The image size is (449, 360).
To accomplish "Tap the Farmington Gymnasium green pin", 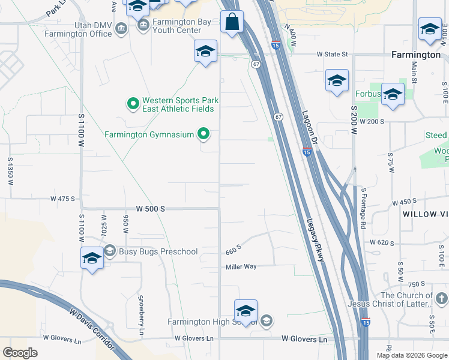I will tap(204, 134).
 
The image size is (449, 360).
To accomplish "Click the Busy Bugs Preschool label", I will tap(158, 251).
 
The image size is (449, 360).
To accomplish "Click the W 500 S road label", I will tap(150, 209).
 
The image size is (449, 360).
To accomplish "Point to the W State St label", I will tap(332, 55).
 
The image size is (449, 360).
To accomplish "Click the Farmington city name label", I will tap(415, 55).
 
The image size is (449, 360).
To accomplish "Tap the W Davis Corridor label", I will tap(90, 328).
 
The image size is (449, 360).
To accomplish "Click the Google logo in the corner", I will tap(20, 352).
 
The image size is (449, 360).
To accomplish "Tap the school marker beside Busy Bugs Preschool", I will tap(92, 259).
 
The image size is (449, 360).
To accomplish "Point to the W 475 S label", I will tap(62, 199).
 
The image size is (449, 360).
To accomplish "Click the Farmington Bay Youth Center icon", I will tap(143, 25).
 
